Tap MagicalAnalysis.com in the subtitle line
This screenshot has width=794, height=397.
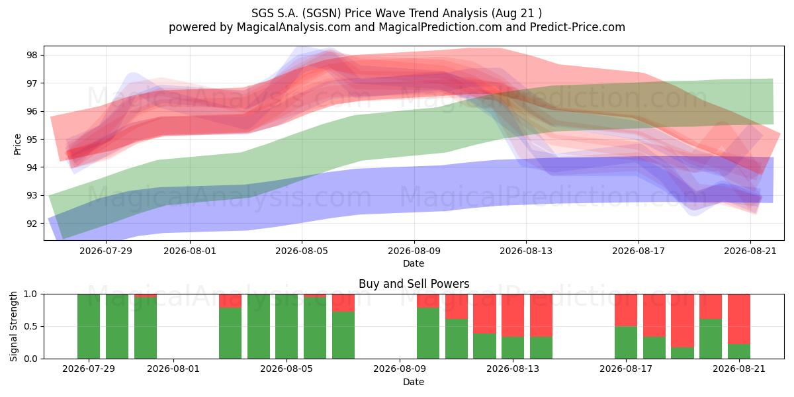point(294,27)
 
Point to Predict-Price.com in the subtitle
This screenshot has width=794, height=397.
point(578,27)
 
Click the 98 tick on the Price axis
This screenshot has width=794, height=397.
point(32,56)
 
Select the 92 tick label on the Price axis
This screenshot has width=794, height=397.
point(32,224)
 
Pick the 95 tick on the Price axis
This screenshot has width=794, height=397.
point(32,140)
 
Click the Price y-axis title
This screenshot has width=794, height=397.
point(17,145)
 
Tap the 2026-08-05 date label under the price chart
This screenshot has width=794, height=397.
point(302,251)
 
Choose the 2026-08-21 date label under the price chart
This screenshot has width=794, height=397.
point(750,251)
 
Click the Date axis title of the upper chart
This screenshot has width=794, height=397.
point(414,263)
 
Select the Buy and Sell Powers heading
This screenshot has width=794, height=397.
point(414,284)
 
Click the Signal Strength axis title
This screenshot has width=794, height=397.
point(13,326)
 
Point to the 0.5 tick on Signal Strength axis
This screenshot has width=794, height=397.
point(30,326)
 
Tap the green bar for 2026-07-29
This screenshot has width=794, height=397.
point(89,326)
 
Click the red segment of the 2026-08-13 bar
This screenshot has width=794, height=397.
point(513,316)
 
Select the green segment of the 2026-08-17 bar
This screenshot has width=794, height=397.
point(626,343)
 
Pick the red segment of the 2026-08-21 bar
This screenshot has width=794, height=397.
point(739,319)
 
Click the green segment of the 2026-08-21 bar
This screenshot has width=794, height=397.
point(739,351)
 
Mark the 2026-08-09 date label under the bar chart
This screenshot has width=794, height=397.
point(400,369)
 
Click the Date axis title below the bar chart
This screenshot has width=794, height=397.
point(414,382)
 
